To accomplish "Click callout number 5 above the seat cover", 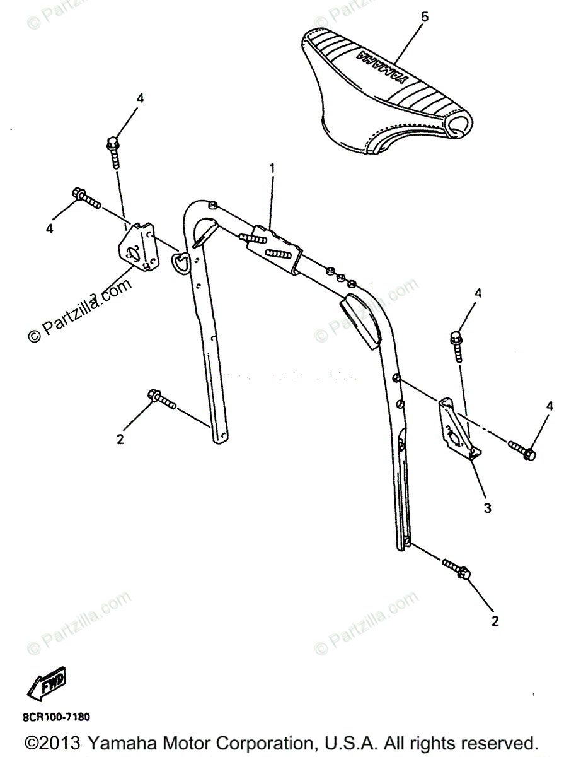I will [x=424, y=17].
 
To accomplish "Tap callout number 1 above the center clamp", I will [x=272, y=168].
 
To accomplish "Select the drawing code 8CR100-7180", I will [x=57, y=717].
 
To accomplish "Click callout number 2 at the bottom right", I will [x=495, y=621].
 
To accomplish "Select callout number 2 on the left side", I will [x=120, y=439].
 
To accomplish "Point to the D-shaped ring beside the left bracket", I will [x=180, y=262].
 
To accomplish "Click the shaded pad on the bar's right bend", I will [x=362, y=322].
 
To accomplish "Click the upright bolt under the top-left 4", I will [x=114, y=153].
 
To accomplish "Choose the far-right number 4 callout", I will [x=550, y=406].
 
